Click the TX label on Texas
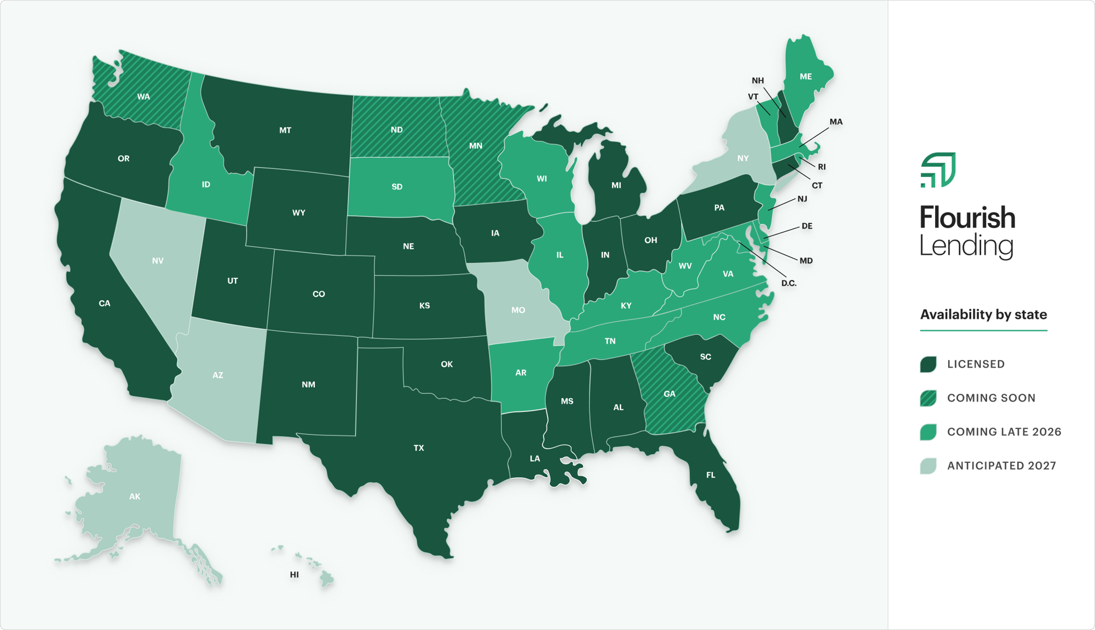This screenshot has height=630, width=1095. pos(419,448)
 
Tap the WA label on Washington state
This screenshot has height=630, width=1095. pos(143,97)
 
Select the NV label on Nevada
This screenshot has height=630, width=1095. pos(158,261)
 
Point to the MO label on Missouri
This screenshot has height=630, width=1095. pos(518,310)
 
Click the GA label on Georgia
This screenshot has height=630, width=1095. pos(669,394)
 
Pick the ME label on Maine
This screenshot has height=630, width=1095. pos(805,77)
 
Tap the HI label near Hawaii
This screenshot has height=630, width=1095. pos(295,575)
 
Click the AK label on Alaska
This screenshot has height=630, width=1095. pos(135,497)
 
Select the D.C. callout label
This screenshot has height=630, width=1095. pos(788,283)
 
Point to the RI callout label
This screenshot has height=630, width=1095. pos(821,167)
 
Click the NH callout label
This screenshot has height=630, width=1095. pos(757,81)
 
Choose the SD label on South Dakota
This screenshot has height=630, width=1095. pos(397,187)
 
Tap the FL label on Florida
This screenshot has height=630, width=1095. pos(710,475)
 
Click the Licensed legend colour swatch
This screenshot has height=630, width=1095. pos(928,364)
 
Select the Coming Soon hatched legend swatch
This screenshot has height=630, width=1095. pos(928,398)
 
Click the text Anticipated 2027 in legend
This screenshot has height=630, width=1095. pos(1001,466)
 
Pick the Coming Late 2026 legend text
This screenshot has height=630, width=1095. pos(1004,432)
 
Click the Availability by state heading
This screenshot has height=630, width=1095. pos(983,314)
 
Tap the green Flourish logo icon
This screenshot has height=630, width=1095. pos(938,170)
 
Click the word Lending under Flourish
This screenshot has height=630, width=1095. pos(966,246)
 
